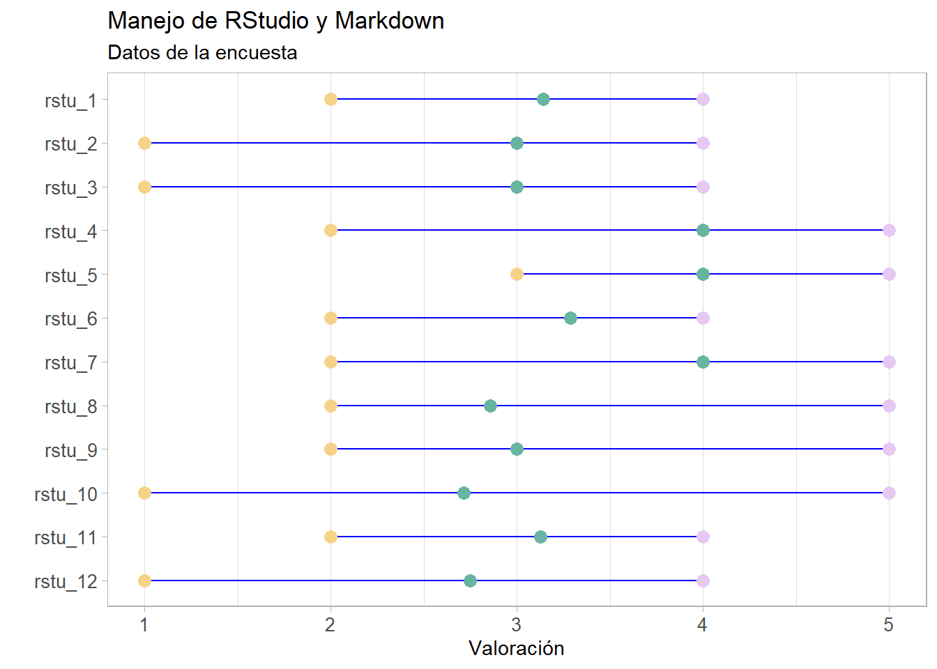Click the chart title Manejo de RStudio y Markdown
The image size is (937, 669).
click(x=275, y=21)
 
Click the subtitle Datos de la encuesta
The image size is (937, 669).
click(x=202, y=52)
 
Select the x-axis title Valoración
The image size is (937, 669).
click(x=516, y=648)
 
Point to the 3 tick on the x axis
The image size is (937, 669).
click(x=517, y=624)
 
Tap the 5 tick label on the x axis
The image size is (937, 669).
click(x=888, y=624)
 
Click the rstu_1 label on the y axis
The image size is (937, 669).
click(x=70, y=100)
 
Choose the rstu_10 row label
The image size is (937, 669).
click(x=66, y=494)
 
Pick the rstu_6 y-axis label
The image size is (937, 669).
click(x=70, y=319)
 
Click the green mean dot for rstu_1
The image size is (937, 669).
click(x=543, y=99)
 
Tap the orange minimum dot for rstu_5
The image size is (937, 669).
click(x=517, y=274)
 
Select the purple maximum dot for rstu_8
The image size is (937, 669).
click(x=889, y=406)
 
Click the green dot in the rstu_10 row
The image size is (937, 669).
click(x=464, y=493)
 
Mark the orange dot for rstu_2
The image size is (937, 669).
click(x=144, y=143)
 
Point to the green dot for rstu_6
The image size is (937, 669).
click(x=570, y=318)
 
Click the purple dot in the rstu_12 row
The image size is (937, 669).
click(x=703, y=580)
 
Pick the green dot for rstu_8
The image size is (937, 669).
click(x=490, y=406)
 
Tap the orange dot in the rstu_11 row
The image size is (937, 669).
click(x=330, y=537)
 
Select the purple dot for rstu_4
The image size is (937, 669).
click(x=889, y=230)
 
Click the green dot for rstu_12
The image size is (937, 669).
click(x=470, y=580)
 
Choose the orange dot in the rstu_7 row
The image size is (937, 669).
click(x=330, y=362)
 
